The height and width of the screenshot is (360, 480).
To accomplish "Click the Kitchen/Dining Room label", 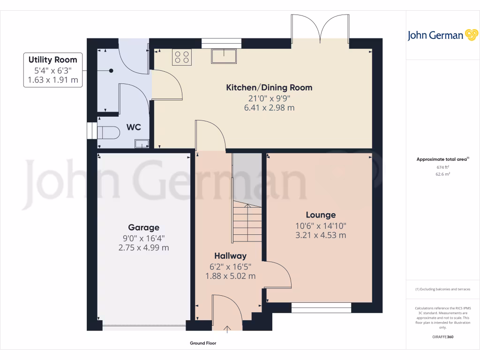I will tap(269, 88).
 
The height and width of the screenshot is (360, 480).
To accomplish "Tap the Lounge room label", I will tap(321, 215).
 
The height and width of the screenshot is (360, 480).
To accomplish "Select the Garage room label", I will tap(144, 228).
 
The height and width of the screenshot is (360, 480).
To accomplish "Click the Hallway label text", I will tap(230, 256).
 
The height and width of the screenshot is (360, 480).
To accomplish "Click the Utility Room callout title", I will tap(52, 60).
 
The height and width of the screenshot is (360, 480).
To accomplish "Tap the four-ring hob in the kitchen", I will tap(182, 57).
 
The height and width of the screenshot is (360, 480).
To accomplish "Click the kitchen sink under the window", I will tap(225, 56).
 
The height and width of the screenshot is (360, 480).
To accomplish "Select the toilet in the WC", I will tap(106, 131).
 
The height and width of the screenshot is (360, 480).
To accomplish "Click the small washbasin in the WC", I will tap(141, 143).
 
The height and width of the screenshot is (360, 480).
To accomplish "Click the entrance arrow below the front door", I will tap(228, 330).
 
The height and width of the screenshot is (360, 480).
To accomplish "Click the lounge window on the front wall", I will tap(321, 307).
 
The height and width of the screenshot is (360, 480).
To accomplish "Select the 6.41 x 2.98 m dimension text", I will tap(269, 108).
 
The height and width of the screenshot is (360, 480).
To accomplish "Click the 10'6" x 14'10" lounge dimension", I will tap(321, 226).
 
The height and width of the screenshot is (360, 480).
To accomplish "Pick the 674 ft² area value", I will tap(442, 167).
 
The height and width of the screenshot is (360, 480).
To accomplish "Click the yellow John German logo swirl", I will tap(471, 35).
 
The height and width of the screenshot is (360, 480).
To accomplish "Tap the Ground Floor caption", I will tap(203, 344).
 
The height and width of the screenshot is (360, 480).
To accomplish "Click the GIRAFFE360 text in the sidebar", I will tap(443, 337).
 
